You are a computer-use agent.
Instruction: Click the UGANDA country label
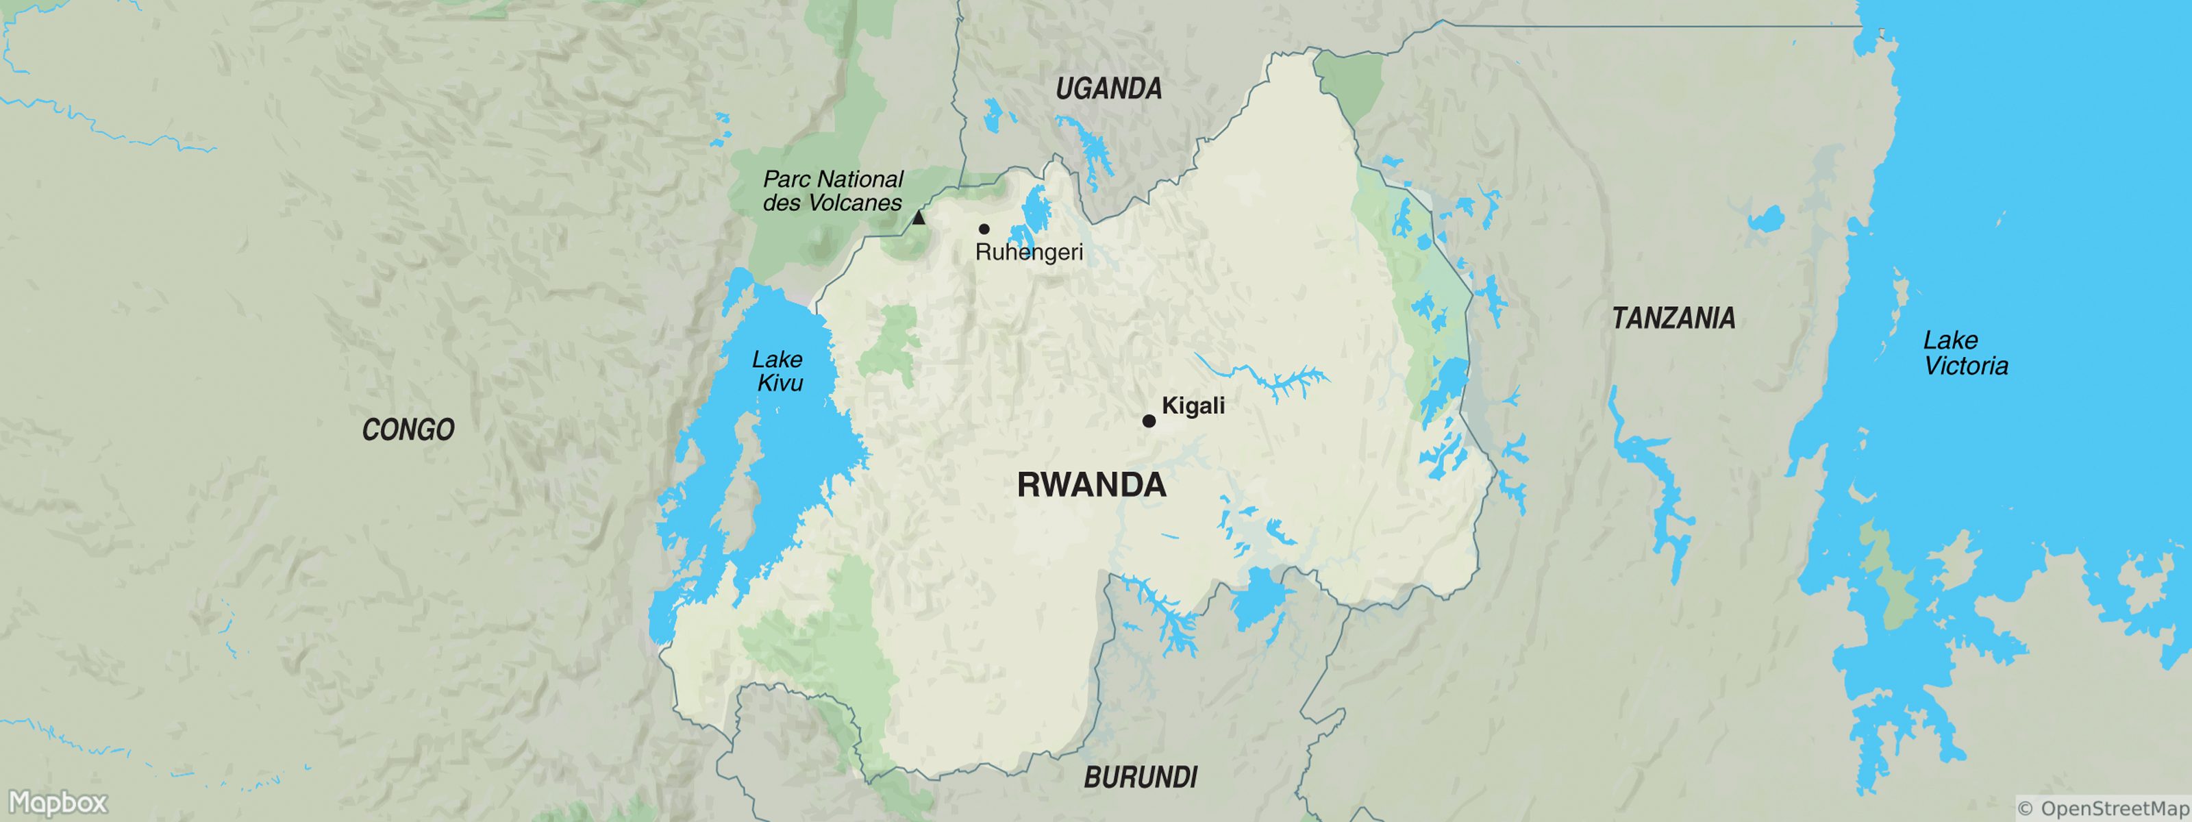(x=1108, y=88)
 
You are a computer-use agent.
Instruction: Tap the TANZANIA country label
(x=1673, y=319)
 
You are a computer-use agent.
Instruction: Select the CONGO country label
(x=408, y=429)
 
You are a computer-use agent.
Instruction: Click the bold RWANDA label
(x=1091, y=485)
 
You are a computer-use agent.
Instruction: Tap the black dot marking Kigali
(x=1148, y=421)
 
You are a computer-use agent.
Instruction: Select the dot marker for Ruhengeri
(x=984, y=229)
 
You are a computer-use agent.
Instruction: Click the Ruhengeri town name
(x=1028, y=253)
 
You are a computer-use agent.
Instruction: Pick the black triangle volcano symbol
(x=918, y=218)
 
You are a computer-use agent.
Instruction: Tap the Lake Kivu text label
(x=777, y=371)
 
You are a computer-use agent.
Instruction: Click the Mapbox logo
(x=58, y=802)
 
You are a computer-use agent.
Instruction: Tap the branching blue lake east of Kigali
(x=1268, y=379)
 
